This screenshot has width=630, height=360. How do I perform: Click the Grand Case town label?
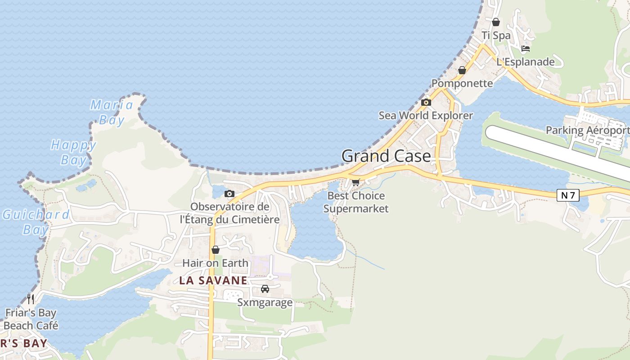386,156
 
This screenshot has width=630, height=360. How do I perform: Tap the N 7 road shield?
568,195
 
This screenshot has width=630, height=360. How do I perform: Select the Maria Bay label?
112,112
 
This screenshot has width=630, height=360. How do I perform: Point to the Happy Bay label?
73,152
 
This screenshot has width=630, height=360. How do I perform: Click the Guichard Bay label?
36,222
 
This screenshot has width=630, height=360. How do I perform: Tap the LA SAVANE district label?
213,280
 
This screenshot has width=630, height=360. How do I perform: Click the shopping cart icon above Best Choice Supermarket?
355,182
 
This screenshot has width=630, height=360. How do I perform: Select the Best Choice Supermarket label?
355,202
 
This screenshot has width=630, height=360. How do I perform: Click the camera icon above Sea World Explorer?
426,103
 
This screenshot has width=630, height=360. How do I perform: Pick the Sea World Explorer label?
426,115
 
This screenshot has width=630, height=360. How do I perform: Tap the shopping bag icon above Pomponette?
462,70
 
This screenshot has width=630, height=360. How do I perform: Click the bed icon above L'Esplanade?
525,49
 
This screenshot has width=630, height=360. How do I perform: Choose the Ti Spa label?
496,35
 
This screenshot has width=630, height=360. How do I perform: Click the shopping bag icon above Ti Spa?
496,22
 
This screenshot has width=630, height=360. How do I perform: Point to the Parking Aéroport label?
587,130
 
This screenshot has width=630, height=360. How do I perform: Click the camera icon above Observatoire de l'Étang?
229,194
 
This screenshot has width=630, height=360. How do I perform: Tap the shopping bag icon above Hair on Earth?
216,250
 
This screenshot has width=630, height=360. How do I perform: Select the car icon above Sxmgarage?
265,289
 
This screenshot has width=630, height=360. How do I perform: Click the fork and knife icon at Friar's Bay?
31,298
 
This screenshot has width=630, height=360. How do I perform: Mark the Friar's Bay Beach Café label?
31,319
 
